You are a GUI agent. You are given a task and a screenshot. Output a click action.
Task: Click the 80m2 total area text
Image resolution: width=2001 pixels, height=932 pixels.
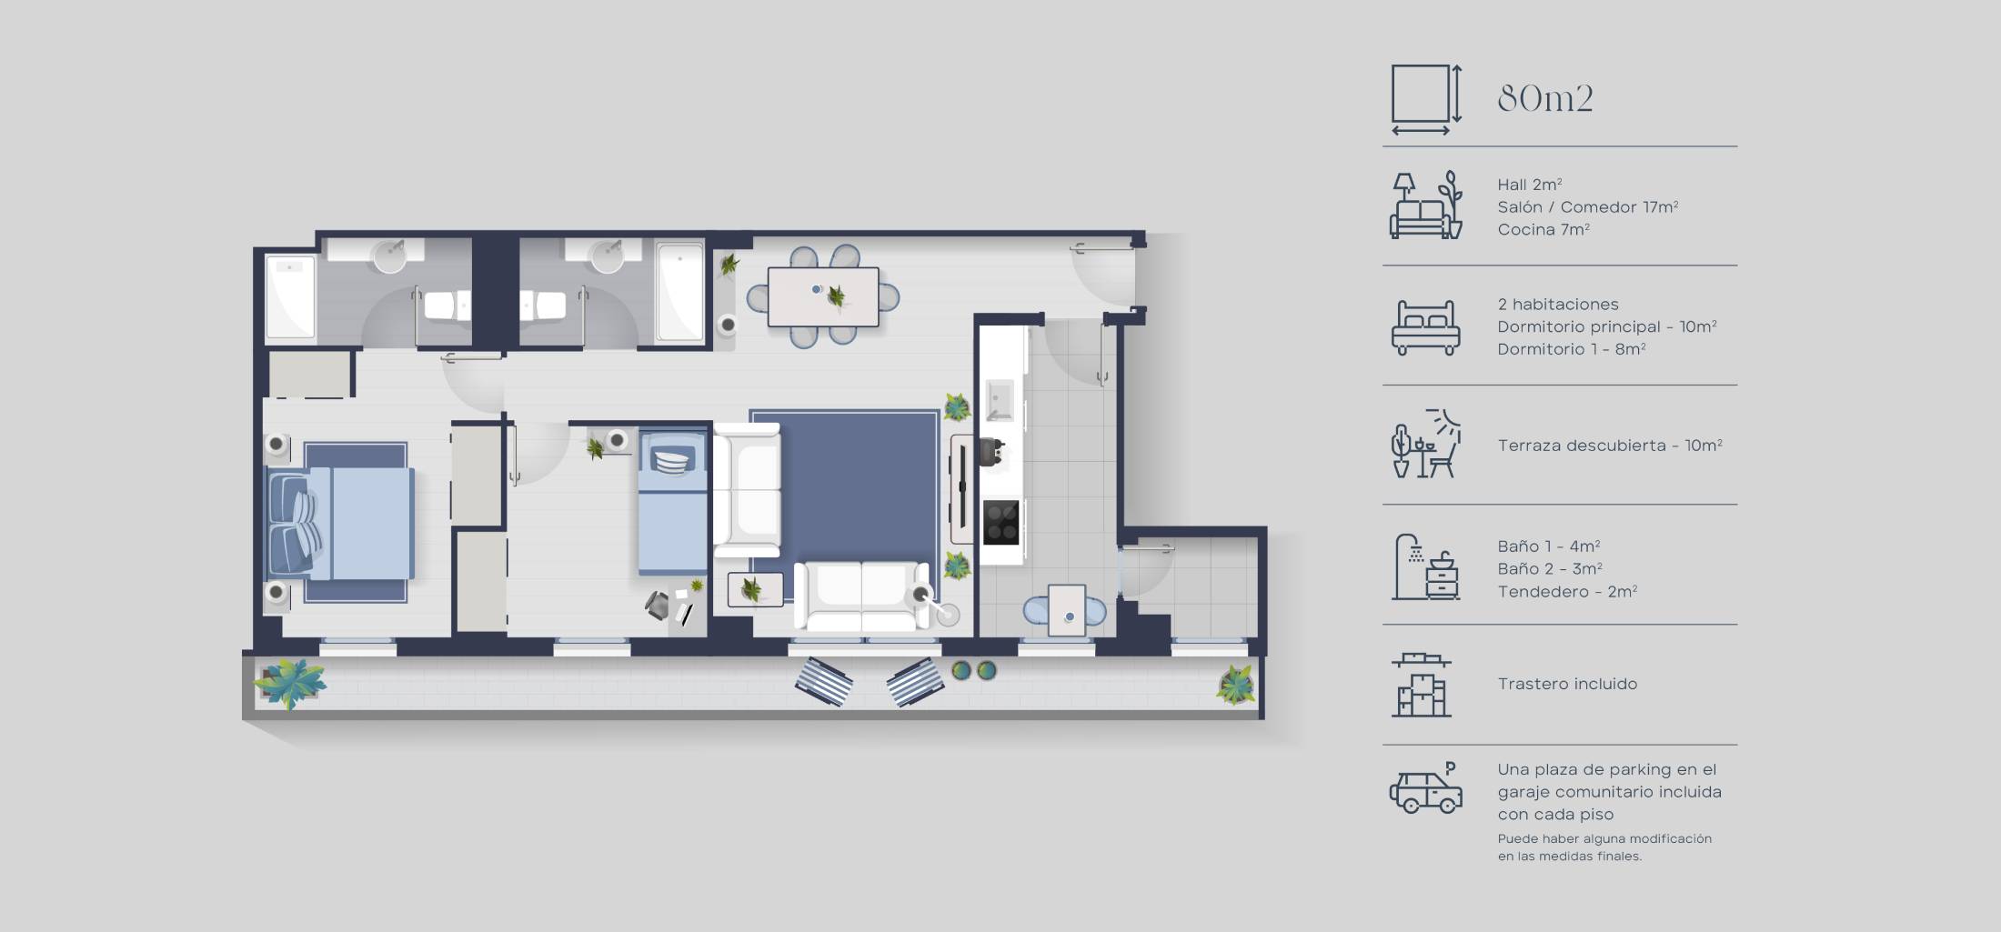tap(1544, 98)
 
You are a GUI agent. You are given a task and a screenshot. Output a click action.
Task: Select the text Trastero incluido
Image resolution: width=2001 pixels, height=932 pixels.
tap(1567, 684)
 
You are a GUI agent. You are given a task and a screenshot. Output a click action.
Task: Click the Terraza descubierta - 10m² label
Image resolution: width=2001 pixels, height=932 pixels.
tap(1609, 446)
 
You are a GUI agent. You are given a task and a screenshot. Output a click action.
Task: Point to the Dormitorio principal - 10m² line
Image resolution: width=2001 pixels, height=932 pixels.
tap(1606, 326)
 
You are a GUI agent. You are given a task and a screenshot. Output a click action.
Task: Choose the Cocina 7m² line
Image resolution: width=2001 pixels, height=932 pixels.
tap(1543, 230)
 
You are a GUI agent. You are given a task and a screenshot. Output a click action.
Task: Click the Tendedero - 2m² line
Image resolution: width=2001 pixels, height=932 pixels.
tap(1567, 592)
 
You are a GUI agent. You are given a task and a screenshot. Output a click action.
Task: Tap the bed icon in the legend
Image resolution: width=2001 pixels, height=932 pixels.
tap(1425, 327)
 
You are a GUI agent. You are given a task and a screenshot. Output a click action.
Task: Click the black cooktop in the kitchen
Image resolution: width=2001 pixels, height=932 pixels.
tap(1000, 522)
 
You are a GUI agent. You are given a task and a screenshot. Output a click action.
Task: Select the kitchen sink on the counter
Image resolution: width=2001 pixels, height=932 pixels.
tap(1000, 400)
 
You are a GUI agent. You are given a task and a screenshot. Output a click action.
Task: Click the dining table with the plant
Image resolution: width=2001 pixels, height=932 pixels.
tap(823, 296)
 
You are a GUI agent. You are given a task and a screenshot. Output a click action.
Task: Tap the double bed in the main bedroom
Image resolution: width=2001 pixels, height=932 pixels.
tap(341, 523)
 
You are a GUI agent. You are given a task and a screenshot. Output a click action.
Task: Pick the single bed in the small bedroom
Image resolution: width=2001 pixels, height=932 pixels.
tap(672, 502)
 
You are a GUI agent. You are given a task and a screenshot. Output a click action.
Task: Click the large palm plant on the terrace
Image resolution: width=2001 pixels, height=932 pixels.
tap(289, 682)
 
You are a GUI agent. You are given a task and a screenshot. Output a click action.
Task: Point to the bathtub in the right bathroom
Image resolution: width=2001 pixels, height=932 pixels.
tap(679, 291)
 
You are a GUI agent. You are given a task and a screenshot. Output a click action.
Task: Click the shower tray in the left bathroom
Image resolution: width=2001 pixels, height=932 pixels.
tap(289, 297)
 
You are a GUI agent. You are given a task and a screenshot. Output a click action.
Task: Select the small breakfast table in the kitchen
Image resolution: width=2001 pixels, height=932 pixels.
tap(1066, 609)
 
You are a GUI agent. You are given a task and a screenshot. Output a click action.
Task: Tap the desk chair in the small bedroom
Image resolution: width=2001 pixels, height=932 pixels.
tap(658, 605)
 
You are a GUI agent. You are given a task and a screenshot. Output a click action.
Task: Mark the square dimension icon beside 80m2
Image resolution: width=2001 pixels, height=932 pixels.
tap(1425, 98)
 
